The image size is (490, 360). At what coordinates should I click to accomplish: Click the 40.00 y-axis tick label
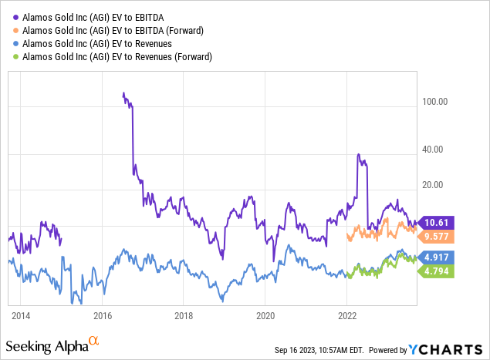tap(437, 150)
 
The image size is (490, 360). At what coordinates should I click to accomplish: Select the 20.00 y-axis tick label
tap(437, 185)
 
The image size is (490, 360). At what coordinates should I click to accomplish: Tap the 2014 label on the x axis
tap(21, 315)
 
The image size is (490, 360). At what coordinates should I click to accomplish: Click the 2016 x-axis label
tap(103, 315)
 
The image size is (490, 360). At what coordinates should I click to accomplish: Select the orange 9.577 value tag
tap(435, 237)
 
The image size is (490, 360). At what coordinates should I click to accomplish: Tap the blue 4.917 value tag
tap(435, 257)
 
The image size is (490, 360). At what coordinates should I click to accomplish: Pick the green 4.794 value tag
tap(435, 271)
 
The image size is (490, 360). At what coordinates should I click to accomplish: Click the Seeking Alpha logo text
tap(48, 345)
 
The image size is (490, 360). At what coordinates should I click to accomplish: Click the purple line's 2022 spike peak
tap(359, 155)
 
